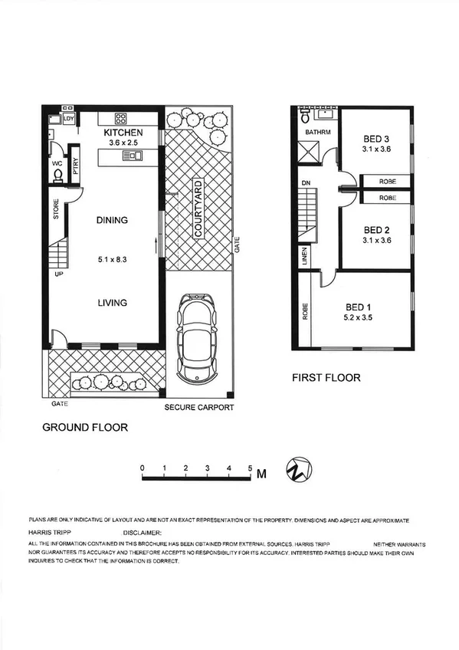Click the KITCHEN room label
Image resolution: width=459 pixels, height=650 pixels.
[123, 133]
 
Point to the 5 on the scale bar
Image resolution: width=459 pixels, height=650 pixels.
[250, 466]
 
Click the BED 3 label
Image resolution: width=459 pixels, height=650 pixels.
[377, 139]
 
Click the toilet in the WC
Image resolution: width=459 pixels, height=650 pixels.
[59, 175]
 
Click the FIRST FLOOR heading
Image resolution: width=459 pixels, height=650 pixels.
[326, 378]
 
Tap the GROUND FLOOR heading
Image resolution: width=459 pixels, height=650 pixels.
[84, 427]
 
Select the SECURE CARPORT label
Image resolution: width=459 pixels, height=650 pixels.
[199, 408]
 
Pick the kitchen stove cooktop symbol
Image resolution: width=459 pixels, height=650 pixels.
[121, 118]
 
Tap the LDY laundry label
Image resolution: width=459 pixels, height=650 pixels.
[69, 119]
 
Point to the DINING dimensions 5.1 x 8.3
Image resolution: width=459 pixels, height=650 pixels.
[112, 258]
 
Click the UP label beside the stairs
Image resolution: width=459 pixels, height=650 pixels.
[57, 273]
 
